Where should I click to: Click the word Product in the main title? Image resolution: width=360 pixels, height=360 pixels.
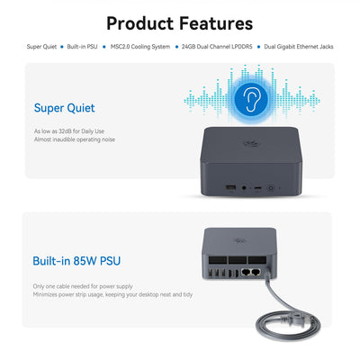143,23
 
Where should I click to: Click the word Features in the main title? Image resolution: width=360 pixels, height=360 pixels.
216,23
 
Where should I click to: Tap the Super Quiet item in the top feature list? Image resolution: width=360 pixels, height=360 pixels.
41,46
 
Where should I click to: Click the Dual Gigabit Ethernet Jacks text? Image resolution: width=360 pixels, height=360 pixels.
300,46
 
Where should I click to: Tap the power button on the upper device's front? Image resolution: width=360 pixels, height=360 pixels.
271,187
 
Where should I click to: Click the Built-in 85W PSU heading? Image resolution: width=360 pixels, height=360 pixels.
76,261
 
